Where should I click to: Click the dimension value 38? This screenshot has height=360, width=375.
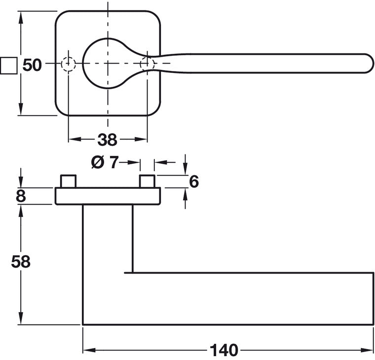[107, 140]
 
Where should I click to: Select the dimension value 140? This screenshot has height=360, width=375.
[224, 350]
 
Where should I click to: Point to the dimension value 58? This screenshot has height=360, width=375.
[21, 261]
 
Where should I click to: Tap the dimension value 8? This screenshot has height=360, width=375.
[20, 196]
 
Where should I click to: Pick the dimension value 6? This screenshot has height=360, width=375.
[193, 181]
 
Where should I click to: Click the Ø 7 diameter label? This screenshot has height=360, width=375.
[106, 162]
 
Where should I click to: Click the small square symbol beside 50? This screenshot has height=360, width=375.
[8, 65]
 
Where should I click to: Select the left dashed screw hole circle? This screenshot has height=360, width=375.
[68, 64]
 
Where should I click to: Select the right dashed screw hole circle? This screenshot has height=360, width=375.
[147, 64]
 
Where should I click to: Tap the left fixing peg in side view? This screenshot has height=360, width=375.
[68, 181]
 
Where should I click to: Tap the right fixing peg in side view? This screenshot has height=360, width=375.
[147, 181]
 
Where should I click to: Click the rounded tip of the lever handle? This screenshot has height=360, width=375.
[368, 64]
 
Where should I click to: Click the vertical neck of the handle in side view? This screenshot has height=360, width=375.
[108, 237]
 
